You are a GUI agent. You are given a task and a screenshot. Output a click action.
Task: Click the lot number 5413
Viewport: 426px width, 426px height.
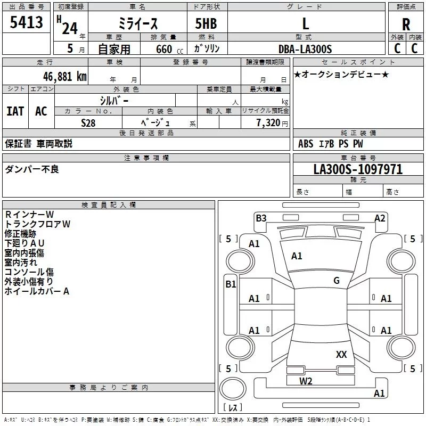26,23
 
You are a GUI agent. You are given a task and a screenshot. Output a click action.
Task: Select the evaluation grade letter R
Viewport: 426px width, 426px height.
406,24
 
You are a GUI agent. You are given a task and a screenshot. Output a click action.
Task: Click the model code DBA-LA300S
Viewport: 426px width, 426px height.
305,49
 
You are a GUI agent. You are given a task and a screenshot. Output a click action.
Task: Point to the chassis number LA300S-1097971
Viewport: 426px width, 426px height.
358,169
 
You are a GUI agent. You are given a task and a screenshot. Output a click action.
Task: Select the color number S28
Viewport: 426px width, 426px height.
88,123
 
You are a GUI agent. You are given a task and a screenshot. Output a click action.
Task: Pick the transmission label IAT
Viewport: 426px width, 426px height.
15,111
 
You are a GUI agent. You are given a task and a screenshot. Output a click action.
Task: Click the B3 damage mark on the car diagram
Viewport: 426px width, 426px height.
261,218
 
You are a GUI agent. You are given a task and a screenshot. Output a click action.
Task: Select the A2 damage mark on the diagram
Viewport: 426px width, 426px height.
380,218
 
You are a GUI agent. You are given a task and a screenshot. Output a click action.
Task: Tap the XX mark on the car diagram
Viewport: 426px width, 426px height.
341,354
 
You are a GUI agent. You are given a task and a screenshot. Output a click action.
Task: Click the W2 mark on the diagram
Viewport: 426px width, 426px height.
305,381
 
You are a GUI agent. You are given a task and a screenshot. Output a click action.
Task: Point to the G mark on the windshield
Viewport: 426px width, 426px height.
337,281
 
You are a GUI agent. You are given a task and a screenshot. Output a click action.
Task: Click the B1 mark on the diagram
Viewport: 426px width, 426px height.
231,284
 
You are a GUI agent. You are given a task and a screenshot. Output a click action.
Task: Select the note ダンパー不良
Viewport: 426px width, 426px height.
32,169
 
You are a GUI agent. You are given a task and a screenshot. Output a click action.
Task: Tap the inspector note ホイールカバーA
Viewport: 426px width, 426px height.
37,291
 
